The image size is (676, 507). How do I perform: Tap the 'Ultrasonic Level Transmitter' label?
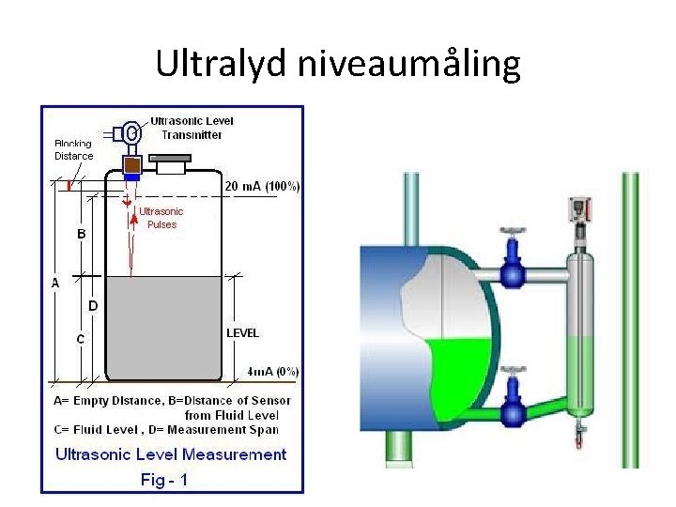point(192,127)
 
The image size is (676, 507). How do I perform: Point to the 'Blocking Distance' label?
point(73,150)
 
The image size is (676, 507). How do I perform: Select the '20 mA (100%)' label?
point(262,187)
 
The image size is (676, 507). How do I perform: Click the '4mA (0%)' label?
point(273,371)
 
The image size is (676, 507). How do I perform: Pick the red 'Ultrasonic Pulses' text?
point(161,218)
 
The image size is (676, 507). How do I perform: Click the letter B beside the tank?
point(82,234)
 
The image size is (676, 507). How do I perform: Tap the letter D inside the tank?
point(93,305)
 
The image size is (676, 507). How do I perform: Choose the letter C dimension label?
point(80,339)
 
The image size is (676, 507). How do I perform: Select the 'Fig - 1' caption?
point(164,479)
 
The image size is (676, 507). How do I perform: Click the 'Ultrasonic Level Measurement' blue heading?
point(171,454)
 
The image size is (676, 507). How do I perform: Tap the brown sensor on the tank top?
point(131,163)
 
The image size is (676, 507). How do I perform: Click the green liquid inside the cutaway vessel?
point(460,376)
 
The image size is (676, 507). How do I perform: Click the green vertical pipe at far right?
point(630,319)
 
